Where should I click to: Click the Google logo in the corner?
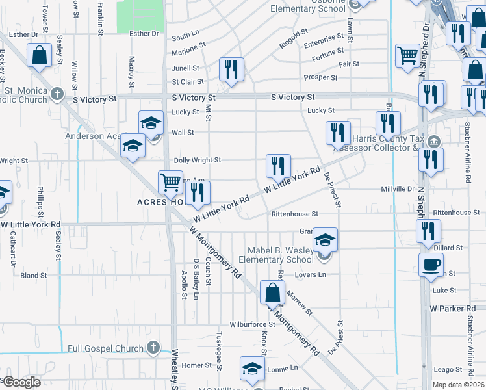tap(21, 382)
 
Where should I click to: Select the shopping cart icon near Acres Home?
tap(170, 182)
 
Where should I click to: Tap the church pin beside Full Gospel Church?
tap(153, 348)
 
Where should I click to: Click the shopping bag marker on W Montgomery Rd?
tap(272, 292)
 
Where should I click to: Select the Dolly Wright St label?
tap(198, 160)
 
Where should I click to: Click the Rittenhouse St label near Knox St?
tap(294, 213)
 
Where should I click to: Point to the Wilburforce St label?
tap(252, 324)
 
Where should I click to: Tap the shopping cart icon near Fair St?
tap(407, 56)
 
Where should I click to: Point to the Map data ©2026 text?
tap(459, 385)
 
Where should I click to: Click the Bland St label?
tap(34, 276)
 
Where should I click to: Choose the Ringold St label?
tap(293, 32)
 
